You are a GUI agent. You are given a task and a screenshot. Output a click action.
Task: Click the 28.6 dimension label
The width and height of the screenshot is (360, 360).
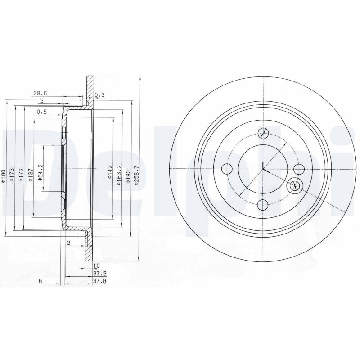40,94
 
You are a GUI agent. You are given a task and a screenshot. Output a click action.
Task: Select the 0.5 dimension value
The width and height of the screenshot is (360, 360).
42,112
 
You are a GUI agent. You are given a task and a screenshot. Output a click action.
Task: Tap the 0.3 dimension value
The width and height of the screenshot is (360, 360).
99,94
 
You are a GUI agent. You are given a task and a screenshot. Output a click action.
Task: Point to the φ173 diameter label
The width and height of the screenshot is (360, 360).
12,175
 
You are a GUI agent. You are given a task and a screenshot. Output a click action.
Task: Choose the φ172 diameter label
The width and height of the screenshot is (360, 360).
21,175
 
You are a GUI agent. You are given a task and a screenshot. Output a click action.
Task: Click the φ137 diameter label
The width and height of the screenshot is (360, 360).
31,175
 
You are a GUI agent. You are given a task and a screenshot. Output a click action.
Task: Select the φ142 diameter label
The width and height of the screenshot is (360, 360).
109,172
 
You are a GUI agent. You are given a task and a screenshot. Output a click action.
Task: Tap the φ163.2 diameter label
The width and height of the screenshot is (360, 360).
119,175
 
